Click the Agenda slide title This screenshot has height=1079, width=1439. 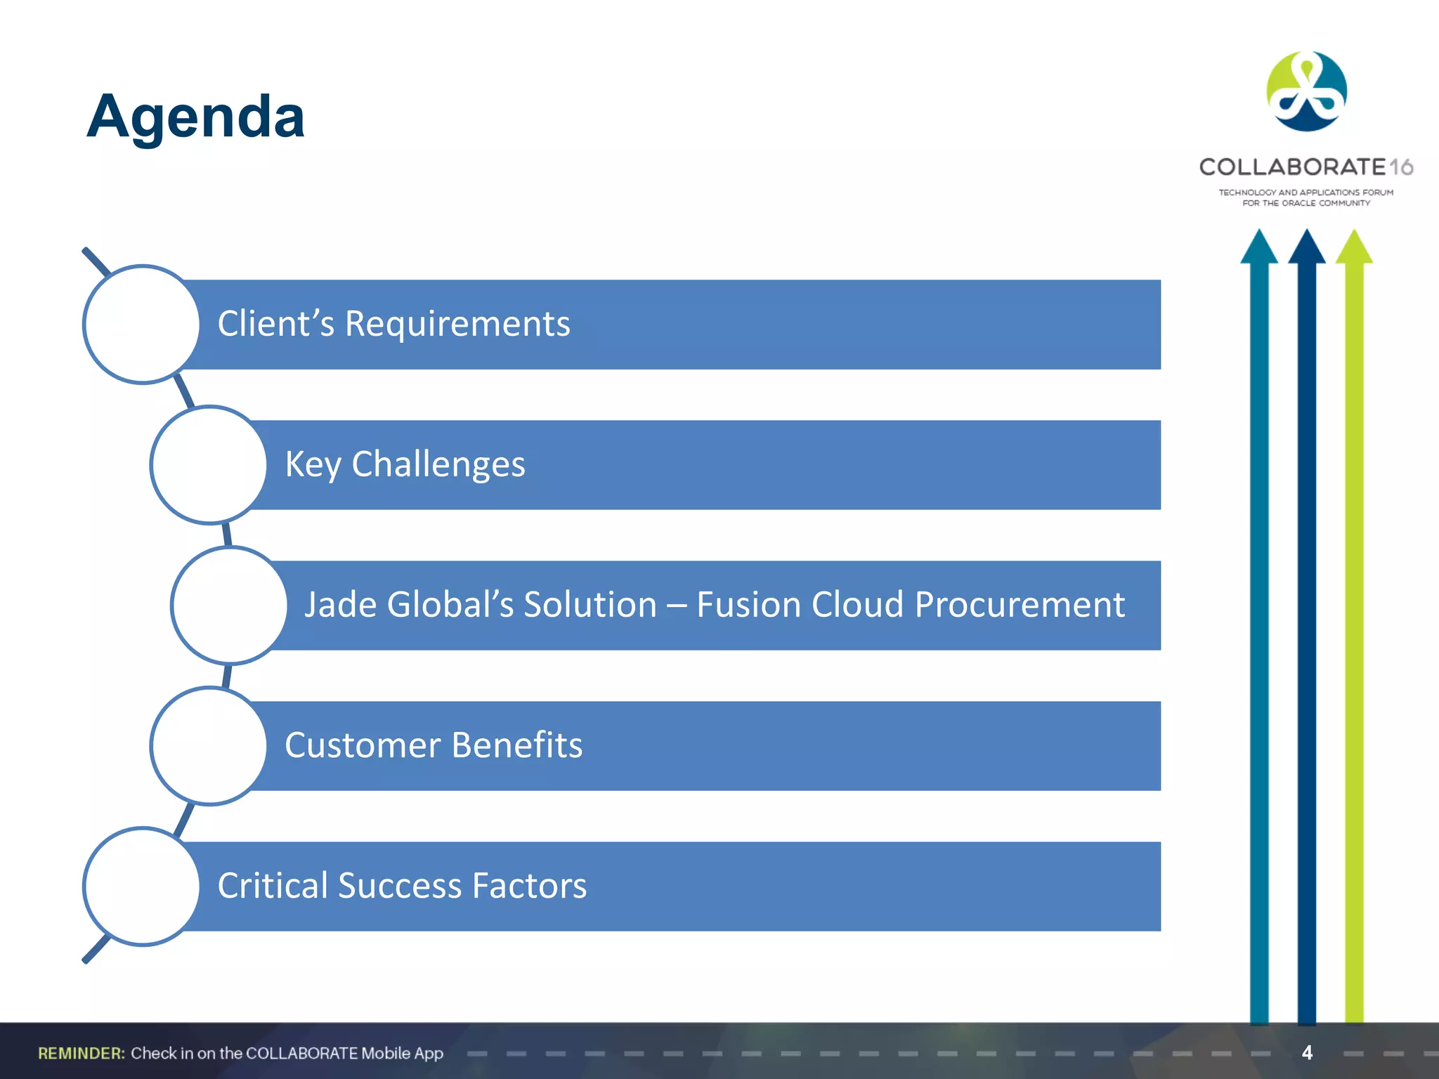[195, 116]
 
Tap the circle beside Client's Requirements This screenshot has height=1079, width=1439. [142, 325]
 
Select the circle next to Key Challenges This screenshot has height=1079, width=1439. [209, 465]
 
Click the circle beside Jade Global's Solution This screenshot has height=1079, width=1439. [229, 606]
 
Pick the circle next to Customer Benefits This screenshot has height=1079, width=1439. [209, 746]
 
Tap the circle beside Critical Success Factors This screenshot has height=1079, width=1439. [142, 887]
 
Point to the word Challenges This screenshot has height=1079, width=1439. [438, 465]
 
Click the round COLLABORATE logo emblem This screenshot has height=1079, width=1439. [1306, 91]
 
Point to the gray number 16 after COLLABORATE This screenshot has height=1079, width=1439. [1401, 167]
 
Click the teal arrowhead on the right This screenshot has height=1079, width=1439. [1258, 247]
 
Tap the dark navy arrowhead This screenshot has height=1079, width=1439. [1306, 247]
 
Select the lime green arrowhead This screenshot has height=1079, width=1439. [1354, 247]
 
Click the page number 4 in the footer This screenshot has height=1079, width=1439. [1307, 1052]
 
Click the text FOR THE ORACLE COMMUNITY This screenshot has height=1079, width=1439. [1306, 204]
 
